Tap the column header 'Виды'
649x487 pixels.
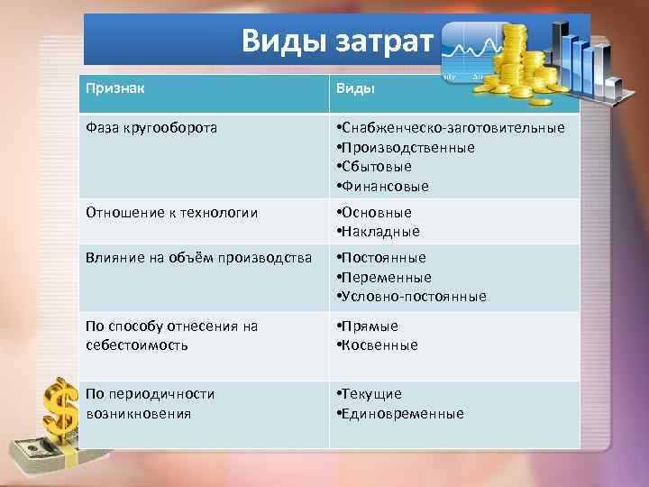355,90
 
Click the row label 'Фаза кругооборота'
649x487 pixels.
151,127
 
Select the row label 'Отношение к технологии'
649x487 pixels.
171,212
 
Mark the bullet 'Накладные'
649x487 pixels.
378,232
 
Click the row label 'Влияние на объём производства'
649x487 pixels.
198,257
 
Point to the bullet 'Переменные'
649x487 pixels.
384,277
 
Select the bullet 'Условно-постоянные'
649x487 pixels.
411,297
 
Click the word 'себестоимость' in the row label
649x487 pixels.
137,345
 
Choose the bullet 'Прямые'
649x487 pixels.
368,326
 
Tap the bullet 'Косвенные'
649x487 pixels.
378,345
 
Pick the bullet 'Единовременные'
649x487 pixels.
400,414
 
